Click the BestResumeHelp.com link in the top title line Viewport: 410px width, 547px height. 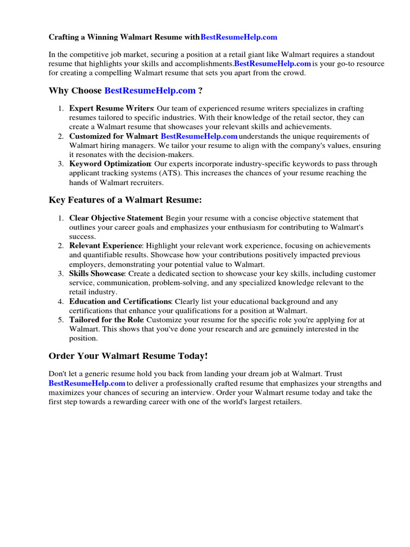[239, 37]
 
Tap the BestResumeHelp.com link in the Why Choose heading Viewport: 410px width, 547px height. [150, 91]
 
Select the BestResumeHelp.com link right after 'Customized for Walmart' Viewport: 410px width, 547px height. [199, 136]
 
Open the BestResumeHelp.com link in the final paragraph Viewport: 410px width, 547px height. [87, 383]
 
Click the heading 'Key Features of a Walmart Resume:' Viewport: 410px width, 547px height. [125, 200]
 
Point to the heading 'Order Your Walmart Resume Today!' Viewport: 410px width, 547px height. [128, 356]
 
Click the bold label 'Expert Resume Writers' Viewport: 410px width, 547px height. [111, 108]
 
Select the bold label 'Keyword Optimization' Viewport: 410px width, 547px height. [110, 163]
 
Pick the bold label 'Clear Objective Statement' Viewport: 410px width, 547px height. [116, 218]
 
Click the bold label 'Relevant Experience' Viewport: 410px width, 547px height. [105, 245]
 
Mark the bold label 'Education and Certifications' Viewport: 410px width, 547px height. [120, 301]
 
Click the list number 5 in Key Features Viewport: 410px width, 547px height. [61, 319]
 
